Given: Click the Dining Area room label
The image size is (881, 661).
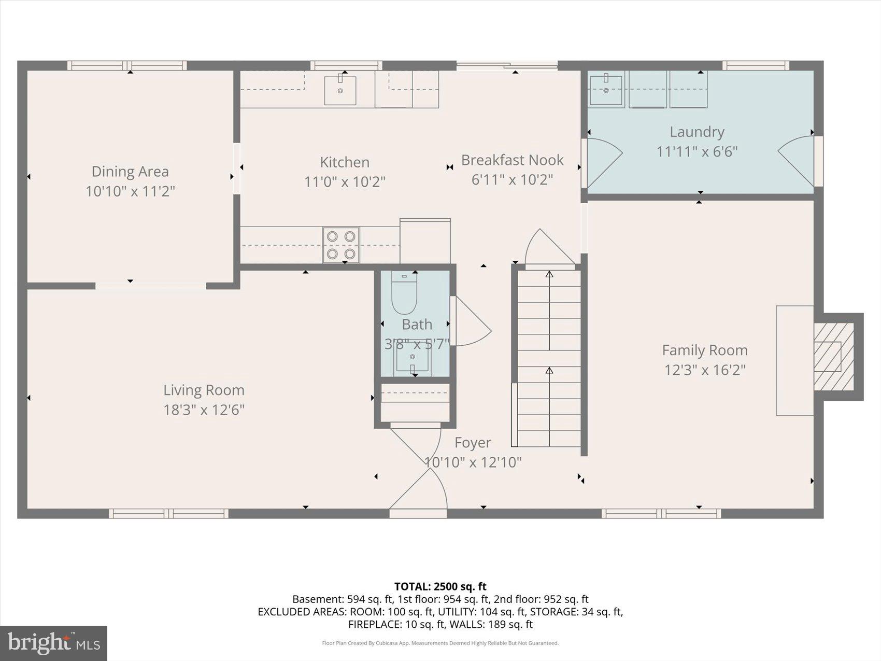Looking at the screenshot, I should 130,172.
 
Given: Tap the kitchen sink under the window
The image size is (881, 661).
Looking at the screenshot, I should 340,91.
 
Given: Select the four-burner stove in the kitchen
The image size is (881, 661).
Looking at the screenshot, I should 341,245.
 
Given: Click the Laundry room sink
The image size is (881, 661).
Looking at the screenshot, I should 606,90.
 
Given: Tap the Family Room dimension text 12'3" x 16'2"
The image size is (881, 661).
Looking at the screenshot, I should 705,370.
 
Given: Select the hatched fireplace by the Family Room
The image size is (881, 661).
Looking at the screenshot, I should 833,357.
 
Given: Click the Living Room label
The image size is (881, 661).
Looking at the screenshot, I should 204,390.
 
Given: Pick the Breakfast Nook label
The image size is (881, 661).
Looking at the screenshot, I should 512,160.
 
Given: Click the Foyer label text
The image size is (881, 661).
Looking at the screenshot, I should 473,443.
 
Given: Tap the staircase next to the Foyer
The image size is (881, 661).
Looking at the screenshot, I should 549,358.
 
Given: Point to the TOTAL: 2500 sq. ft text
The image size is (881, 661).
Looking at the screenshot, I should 440,586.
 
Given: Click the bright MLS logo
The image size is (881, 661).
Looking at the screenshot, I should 54,643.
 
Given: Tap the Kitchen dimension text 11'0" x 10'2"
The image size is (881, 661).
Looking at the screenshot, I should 345,182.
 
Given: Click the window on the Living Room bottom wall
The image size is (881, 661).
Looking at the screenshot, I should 168,513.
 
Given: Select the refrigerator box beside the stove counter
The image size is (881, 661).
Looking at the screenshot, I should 425,242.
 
